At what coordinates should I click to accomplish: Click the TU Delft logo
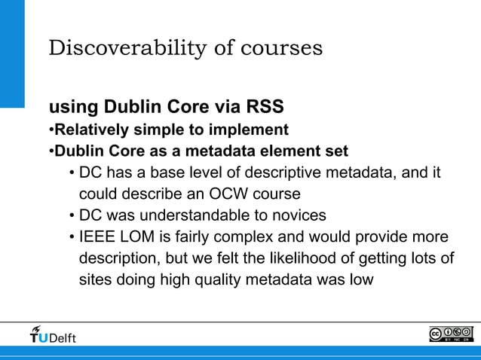(53, 334)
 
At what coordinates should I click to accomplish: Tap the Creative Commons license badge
(451, 334)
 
